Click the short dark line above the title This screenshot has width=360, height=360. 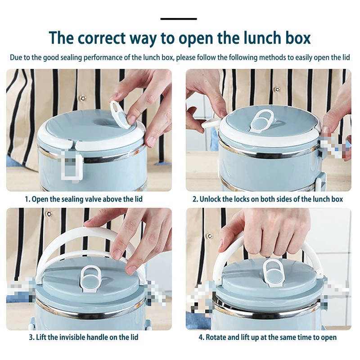[179, 19]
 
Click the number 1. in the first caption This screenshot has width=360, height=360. [27, 199]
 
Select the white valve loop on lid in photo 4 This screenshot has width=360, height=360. [273, 272]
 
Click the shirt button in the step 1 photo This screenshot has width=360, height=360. [82, 98]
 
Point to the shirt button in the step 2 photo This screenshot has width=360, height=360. [278, 89]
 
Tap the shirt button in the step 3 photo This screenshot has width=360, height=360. [49, 214]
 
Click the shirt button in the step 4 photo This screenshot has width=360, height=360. [209, 236]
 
